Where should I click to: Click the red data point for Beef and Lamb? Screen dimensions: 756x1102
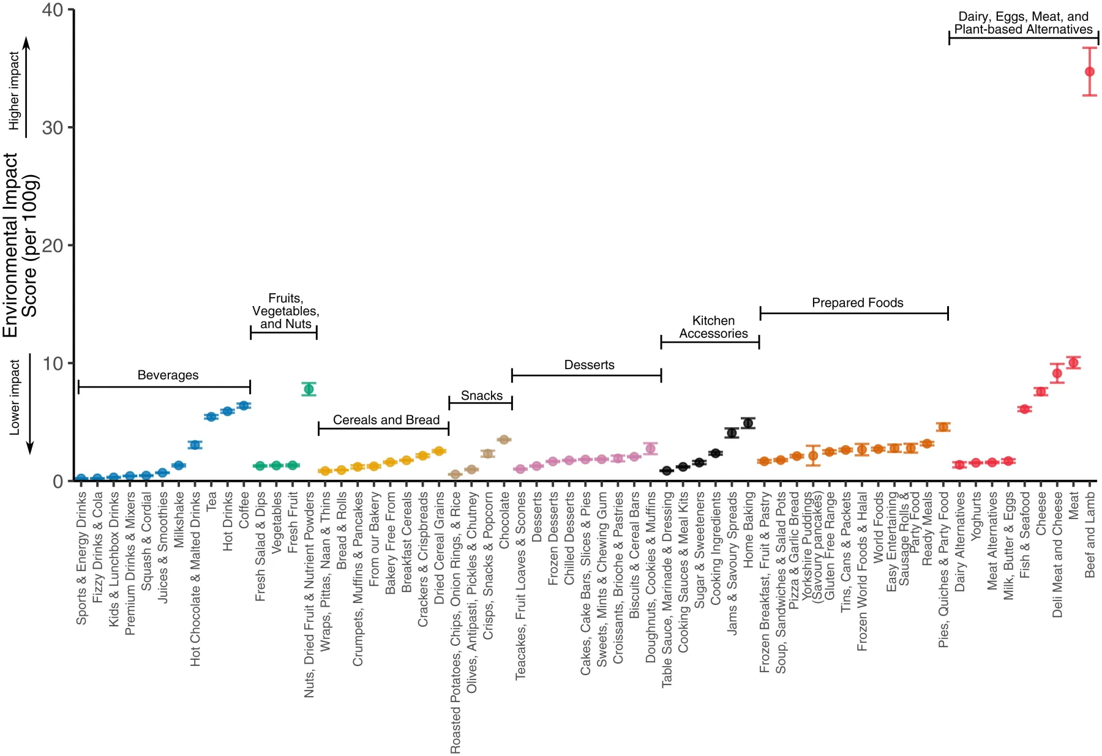point(1089,72)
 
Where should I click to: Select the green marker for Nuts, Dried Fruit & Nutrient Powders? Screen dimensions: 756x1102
point(309,389)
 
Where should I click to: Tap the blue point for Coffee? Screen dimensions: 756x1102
point(244,405)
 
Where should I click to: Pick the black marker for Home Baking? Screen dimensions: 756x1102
point(748,423)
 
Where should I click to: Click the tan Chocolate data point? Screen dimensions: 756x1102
point(504,440)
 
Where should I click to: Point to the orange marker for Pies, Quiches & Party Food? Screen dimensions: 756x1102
point(943,427)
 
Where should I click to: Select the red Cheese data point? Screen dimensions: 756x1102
point(1040,392)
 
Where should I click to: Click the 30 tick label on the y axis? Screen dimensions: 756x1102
point(52,127)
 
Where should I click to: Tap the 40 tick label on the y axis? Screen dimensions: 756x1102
point(52,10)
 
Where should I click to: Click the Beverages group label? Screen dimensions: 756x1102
point(168,375)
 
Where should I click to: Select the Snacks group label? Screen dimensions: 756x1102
point(482,396)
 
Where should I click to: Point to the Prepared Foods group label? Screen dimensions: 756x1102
point(857,303)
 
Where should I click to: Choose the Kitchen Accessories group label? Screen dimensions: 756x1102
point(713,327)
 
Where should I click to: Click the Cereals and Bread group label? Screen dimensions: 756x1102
point(386,420)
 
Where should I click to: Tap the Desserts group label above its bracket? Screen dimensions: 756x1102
point(589,365)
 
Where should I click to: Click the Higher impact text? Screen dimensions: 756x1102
point(13,91)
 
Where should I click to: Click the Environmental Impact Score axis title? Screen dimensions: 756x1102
point(20,245)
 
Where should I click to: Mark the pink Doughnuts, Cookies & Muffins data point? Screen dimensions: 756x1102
point(650,449)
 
